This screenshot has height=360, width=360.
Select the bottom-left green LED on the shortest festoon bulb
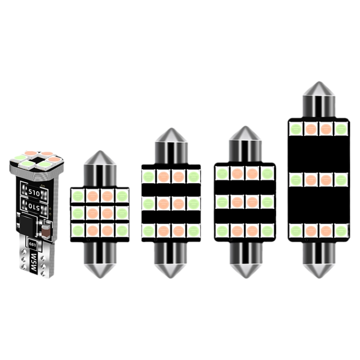pos(77,230)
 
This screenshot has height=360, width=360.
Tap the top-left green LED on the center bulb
pos(148,175)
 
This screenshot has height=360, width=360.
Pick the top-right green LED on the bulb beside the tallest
pos(267,173)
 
